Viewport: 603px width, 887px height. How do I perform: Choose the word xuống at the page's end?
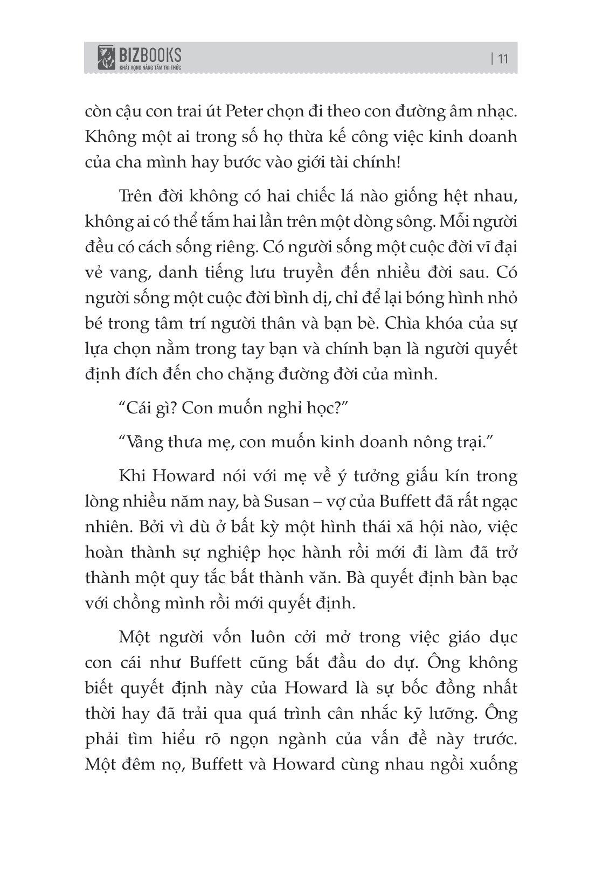[x=493, y=764]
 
